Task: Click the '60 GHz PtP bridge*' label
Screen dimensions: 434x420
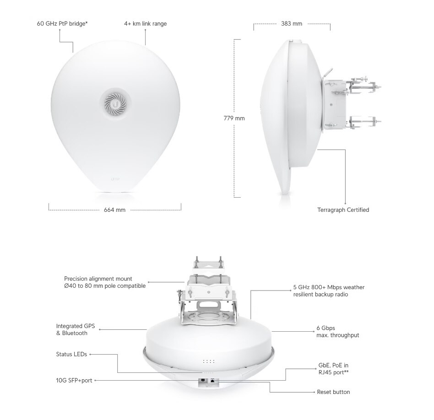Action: [x=62, y=23]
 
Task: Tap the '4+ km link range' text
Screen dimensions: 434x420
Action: [x=145, y=23]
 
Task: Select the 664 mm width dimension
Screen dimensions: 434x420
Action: [x=114, y=210]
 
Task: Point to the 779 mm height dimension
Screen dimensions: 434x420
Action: [x=234, y=118]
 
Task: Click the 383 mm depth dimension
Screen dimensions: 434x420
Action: [x=292, y=23]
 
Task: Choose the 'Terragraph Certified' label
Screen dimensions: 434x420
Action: [x=343, y=210]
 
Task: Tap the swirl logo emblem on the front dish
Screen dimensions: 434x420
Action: [x=115, y=104]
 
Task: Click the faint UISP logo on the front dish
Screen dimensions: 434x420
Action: [x=115, y=179]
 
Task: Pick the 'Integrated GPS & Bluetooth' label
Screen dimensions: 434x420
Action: [x=76, y=329]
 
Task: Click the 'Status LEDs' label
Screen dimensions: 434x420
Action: [x=71, y=354]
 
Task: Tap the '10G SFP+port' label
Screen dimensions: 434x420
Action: [x=74, y=381]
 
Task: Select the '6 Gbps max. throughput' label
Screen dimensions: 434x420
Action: [x=338, y=331]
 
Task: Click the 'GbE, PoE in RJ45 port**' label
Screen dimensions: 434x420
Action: [x=333, y=369]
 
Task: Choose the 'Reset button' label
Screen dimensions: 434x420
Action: [x=334, y=392]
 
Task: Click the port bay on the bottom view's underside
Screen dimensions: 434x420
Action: [x=208, y=382]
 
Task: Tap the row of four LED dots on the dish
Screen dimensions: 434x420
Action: [x=209, y=361]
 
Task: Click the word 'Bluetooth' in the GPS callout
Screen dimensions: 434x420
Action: [x=75, y=333]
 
